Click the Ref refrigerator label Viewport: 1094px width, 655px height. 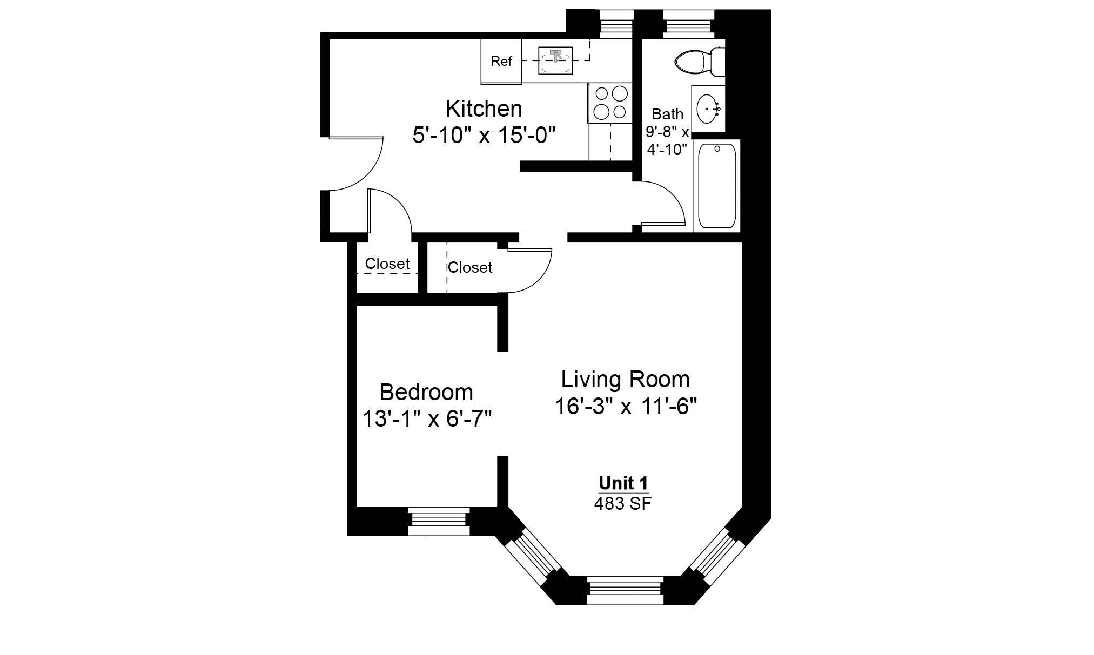click(x=501, y=62)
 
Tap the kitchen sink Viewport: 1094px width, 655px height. click(x=555, y=61)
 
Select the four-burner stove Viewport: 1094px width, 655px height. click(x=610, y=103)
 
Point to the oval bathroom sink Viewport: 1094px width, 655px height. click(x=708, y=109)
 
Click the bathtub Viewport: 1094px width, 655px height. click(x=717, y=186)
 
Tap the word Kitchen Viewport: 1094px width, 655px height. click(x=484, y=109)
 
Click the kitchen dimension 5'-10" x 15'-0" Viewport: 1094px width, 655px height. click(x=484, y=135)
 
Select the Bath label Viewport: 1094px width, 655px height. click(x=667, y=114)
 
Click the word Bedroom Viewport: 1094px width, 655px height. click(x=426, y=392)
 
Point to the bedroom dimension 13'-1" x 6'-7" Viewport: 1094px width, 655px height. click(x=426, y=419)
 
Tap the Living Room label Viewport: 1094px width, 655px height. click(x=625, y=380)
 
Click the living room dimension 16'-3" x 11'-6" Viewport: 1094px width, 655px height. click(x=626, y=406)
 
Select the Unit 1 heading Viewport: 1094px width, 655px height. click(x=623, y=483)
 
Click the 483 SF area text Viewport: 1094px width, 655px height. click(x=623, y=504)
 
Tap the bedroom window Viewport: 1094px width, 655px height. click(x=438, y=521)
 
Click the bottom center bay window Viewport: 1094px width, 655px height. click(x=625, y=590)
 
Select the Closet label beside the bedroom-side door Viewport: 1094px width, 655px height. click(x=469, y=267)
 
